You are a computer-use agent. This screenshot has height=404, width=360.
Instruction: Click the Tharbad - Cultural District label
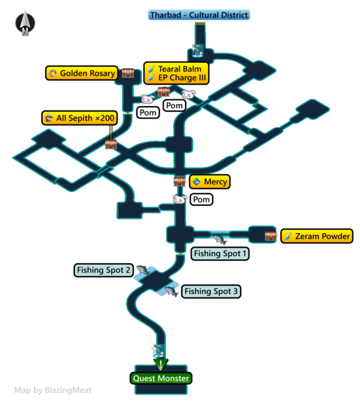pos(199,15)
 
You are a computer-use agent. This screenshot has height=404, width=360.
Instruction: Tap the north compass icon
pos(25,23)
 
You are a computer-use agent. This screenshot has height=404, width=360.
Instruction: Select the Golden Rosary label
pos(82,73)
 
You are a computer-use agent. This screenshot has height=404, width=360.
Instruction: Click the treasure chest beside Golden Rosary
pos(127,73)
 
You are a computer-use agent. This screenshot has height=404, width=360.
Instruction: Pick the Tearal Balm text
pos(180,69)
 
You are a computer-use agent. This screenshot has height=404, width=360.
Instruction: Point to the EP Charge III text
pos(182,77)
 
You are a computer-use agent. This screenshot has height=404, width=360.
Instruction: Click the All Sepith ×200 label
pos(79,118)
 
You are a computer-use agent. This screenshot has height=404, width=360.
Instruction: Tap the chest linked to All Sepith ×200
pos(111,144)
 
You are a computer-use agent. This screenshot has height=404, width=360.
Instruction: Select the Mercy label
pos(209,182)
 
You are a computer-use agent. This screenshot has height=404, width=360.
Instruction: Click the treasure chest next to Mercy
pos(179,181)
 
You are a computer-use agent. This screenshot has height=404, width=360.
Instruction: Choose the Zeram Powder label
pos(317,236)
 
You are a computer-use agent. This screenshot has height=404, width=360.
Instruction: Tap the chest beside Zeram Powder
pos(271,236)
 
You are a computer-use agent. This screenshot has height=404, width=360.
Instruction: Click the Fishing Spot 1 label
pos(220,254)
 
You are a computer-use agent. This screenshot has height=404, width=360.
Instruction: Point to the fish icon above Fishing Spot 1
pos(220,239)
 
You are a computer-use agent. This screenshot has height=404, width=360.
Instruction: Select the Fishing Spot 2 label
pos(103,270)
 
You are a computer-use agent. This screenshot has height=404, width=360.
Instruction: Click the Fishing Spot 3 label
pos(211,292)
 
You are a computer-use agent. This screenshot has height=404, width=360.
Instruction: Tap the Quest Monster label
pos(161,378)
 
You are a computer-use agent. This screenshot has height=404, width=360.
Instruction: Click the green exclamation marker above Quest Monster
pos(161,365)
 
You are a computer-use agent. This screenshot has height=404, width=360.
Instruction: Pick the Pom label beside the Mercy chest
pos(201,199)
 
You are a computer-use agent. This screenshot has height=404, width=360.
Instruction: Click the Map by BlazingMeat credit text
pos(53,390)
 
